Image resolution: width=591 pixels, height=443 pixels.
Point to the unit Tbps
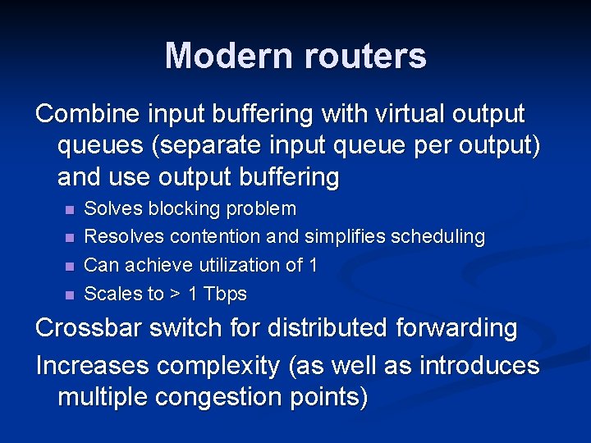coord(224,294)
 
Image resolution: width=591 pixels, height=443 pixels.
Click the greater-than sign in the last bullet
coord(175,294)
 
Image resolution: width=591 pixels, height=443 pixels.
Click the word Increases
coord(93,366)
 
